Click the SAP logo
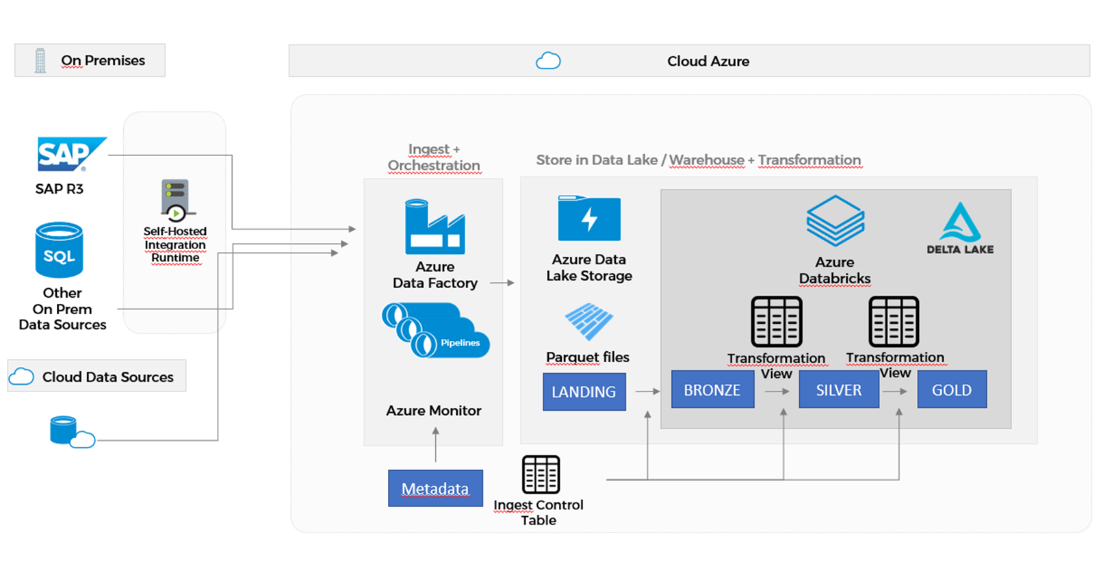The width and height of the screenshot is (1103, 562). click(x=69, y=154)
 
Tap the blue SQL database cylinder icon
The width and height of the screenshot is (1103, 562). click(x=60, y=250)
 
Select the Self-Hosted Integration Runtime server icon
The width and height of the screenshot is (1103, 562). click(x=175, y=199)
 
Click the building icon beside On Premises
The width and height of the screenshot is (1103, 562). click(x=40, y=61)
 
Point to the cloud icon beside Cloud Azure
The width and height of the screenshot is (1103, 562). click(x=548, y=61)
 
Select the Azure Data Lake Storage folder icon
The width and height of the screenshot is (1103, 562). click(x=588, y=218)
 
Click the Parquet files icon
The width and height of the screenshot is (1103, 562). click(x=588, y=321)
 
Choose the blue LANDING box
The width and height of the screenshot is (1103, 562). click(x=584, y=392)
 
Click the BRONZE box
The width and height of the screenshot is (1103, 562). click(x=712, y=389)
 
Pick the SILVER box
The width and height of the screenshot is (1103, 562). click(x=838, y=389)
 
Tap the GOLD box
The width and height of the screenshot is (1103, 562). click(x=951, y=389)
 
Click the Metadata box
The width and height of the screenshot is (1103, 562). click(x=435, y=488)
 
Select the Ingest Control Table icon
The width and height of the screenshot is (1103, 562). click(x=541, y=474)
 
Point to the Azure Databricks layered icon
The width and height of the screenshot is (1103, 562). click(x=835, y=221)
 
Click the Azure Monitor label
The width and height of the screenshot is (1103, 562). click(x=434, y=411)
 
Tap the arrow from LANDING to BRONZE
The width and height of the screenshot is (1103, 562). click(x=647, y=392)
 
